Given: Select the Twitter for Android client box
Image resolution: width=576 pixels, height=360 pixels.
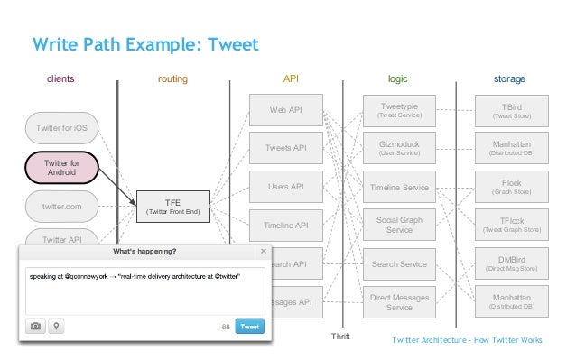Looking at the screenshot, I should point(62,167).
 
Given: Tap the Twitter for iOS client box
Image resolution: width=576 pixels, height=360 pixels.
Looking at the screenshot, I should point(62,129).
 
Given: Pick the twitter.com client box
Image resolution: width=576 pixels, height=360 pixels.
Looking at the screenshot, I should point(62,207).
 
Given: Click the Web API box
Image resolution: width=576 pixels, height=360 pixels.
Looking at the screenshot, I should point(285,110).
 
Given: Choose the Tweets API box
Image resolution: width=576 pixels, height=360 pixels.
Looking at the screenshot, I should point(285,148).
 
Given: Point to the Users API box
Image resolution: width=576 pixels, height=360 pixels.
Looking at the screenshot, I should point(285,187).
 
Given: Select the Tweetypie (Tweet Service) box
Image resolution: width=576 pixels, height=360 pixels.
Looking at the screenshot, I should point(399,110).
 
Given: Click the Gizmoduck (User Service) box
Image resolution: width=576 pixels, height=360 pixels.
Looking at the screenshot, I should point(399,148).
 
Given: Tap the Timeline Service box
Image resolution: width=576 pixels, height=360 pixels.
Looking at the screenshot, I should point(399,187).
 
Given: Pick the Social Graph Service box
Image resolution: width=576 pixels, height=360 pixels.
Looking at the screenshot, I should point(399,225).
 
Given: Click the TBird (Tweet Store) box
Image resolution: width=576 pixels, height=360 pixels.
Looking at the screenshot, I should point(512,110).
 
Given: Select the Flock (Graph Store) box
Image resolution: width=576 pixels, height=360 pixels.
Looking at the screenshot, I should point(512,187).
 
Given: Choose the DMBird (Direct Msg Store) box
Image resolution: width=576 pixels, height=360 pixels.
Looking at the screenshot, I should point(512,263).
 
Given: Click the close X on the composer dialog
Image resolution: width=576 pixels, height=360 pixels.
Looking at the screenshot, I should point(263,251).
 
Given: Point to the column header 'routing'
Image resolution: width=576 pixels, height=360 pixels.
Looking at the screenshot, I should point(172,79).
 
